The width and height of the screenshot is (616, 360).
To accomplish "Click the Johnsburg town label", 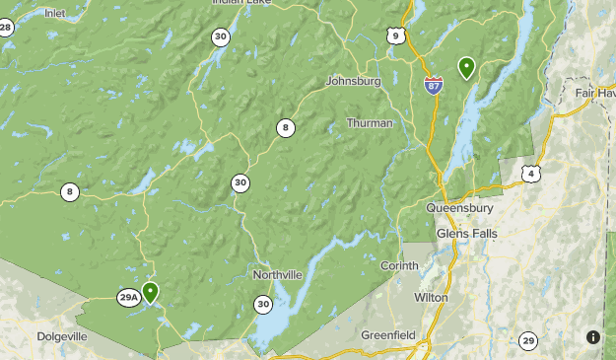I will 352,81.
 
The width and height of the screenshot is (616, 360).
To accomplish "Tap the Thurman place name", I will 370,123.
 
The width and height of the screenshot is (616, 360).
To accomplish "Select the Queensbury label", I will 459,208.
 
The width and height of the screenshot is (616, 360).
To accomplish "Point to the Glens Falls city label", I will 467,234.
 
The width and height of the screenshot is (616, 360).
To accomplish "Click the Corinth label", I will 399,266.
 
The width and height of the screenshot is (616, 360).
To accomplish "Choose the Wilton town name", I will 431,297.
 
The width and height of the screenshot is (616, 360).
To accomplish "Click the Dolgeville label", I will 62,336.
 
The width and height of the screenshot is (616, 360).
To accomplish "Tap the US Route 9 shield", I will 396,36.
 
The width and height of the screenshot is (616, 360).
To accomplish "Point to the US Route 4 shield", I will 531,175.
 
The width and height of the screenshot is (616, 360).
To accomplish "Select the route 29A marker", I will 129,297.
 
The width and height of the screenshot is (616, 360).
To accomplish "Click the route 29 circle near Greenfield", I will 528,341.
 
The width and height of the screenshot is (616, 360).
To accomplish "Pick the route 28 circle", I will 6,28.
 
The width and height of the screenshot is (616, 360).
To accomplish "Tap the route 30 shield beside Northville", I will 262,305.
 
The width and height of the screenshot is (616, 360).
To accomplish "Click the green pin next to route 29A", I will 150,292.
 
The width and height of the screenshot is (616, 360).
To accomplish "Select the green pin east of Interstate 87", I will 466,67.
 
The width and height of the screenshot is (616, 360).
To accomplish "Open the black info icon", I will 592,336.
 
